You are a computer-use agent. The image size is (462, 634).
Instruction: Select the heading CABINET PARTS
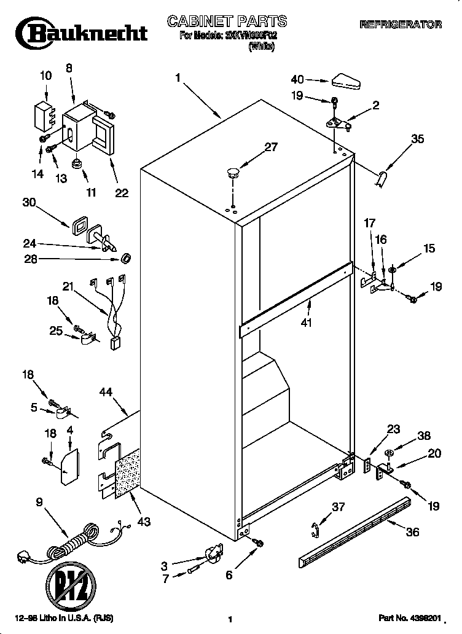click(227, 22)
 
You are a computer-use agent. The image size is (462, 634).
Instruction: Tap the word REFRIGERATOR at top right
click(400, 25)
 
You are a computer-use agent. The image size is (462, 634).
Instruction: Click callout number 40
click(297, 79)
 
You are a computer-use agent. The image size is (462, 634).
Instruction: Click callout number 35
click(417, 139)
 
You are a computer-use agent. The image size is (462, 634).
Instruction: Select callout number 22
click(121, 193)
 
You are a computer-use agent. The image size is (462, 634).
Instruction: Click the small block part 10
click(42, 115)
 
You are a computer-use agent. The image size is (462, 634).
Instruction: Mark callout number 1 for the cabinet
click(178, 78)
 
